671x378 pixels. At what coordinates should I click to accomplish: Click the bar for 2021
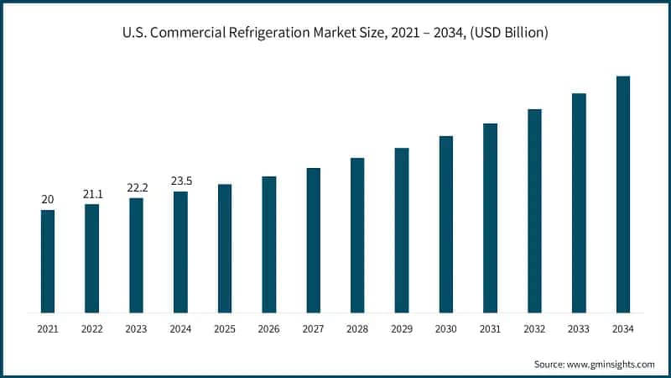coord(48,261)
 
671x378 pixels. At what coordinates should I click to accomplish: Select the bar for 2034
coord(623,194)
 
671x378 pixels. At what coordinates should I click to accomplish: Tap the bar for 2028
coord(357,235)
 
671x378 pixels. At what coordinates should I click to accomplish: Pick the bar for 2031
coord(490,218)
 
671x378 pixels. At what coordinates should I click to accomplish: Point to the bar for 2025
coord(225,249)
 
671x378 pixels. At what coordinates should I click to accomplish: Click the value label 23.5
coord(180,180)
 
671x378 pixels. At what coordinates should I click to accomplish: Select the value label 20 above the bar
coord(48,199)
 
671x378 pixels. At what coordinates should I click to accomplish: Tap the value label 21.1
coord(92,193)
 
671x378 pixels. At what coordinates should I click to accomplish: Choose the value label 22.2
coord(136,187)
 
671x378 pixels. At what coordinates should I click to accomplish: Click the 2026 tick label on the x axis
coord(268,330)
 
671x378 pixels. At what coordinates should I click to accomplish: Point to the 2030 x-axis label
coord(446,330)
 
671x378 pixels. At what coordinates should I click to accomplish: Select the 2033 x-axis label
coord(579,330)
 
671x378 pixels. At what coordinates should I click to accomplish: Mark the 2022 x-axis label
coord(92,330)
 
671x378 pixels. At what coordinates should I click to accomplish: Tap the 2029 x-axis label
coord(402,330)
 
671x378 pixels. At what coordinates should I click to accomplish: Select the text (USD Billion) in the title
coord(507,33)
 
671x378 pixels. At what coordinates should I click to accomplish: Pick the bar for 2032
coord(534,211)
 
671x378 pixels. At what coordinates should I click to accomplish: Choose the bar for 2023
coord(136,255)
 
